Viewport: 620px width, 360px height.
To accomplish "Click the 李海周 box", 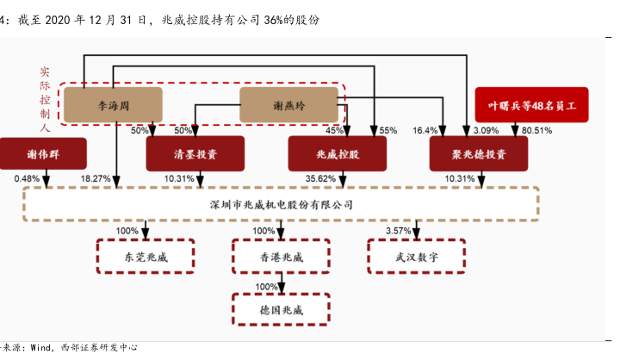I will pyautogui.click(x=113, y=105).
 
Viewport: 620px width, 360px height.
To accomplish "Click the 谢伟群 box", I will pyautogui.click(x=43, y=154).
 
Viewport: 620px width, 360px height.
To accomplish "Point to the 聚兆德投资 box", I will pyautogui.click(x=479, y=154).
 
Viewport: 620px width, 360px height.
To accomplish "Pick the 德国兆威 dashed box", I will pyautogui.click(x=281, y=306).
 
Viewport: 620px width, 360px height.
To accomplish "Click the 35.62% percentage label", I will pyautogui.click(x=319, y=179).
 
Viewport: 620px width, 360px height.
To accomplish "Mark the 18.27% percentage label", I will pyautogui.click(x=96, y=179).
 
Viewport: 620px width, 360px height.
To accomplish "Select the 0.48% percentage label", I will pyautogui.click(x=26, y=179).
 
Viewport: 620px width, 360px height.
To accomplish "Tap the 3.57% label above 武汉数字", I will pyautogui.click(x=398, y=232).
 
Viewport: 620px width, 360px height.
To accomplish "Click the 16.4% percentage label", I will pyautogui.click(x=425, y=131).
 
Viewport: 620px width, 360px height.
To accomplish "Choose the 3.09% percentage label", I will pyautogui.click(x=487, y=131).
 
